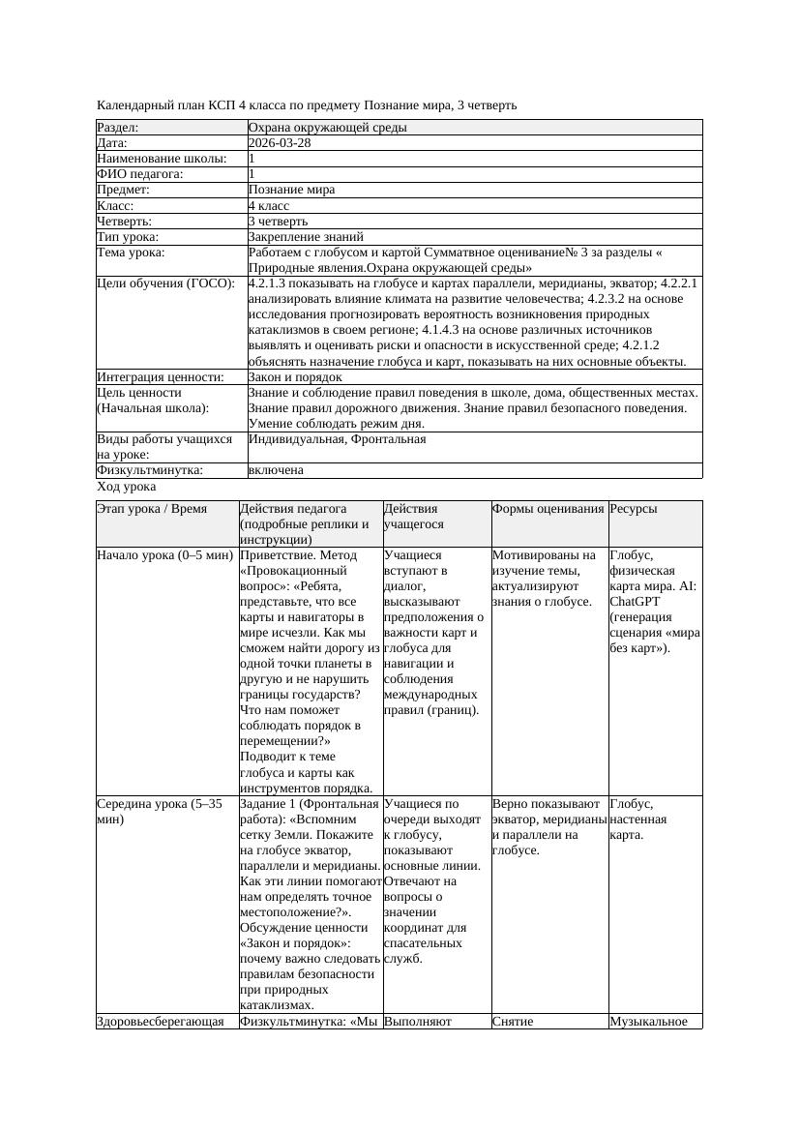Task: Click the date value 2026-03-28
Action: click(280, 143)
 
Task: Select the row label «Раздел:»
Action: click(118, 128)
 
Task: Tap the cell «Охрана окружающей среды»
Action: click(327, 128)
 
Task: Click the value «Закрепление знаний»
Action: click(306, 236)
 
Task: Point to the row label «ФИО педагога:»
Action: click(140, 174)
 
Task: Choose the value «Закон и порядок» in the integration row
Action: click(295, 377)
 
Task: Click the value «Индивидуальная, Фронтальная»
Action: click(337, 439)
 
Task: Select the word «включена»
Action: click(276, 470)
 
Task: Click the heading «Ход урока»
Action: click(127, 488)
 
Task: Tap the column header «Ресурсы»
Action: click(634, 509)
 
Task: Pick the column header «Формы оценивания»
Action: click(548, 509)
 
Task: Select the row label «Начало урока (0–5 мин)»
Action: click(164, 555)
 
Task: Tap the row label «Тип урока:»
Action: click(128, 236)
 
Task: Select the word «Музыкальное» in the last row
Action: click(648, 1022)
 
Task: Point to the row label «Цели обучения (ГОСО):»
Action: click(166, 283)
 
